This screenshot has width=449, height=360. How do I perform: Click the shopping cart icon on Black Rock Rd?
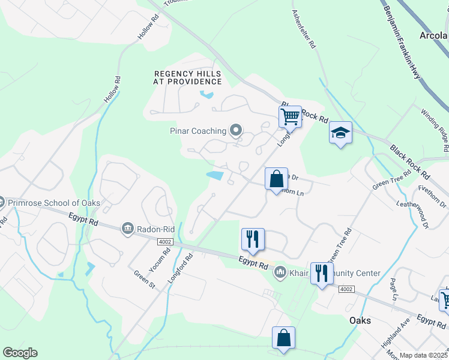290,116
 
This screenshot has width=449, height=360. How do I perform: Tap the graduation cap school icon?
340,133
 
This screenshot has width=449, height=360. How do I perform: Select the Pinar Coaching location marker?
236,130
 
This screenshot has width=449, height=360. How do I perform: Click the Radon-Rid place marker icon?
127,227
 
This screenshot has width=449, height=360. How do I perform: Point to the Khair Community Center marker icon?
280,273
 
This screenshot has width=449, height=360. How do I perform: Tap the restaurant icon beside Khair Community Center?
321,274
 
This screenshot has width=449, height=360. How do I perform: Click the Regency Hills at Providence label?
187,77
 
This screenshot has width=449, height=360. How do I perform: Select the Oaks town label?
360,320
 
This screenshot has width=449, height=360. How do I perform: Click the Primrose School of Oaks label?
54,203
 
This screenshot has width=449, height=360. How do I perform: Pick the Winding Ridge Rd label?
435,129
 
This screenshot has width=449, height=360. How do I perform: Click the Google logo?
20,353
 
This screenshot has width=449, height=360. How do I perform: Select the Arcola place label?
433,35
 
